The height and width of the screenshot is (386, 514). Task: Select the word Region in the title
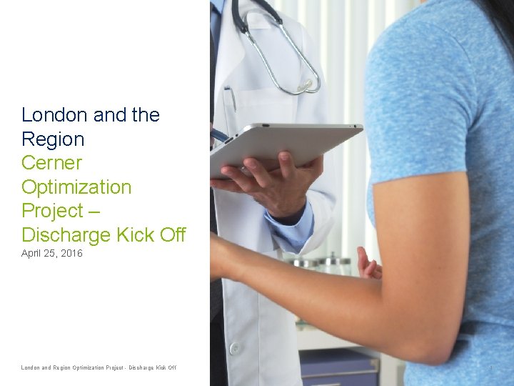(x=53, y=139)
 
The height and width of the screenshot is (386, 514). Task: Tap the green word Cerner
(x=51, y=163)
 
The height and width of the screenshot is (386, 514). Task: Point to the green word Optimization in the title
(x=76, y=187)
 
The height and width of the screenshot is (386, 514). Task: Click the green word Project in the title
(x=53, y=211)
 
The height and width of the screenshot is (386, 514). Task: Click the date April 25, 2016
(x=52, y=254)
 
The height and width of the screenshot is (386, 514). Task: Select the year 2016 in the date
(x=71, y=254)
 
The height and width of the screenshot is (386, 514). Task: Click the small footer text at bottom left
(x=99, y=368)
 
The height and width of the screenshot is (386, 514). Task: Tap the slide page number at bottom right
(x=491, y=368)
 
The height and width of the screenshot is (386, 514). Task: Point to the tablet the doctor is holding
(x=286, y=147)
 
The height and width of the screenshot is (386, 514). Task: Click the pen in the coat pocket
(x=231, y=100)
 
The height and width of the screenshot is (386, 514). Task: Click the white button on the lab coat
(x=233, y=349)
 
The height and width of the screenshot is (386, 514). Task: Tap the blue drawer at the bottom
(x=339, y=368)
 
